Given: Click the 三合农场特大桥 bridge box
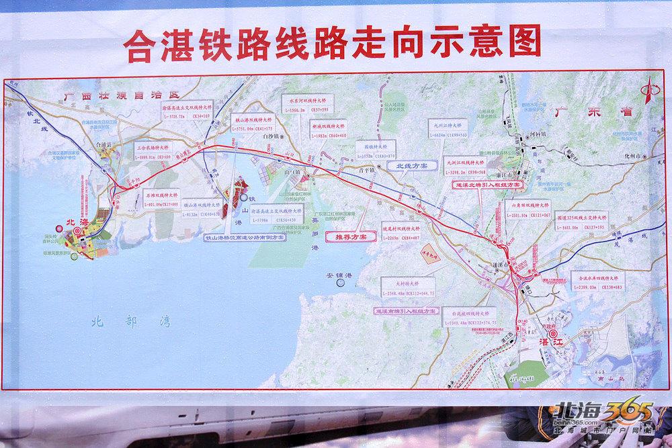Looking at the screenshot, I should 147,152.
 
